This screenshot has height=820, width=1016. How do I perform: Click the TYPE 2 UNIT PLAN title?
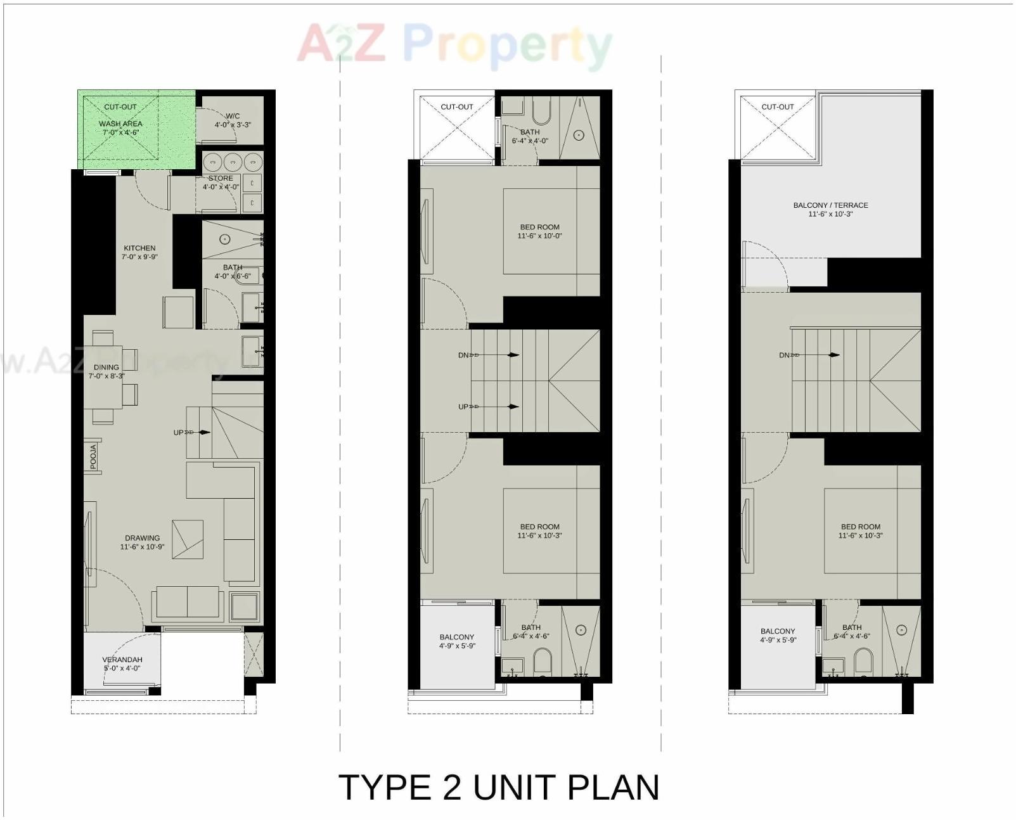[x=499, y=788]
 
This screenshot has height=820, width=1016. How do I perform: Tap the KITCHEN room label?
[x=139, y=248]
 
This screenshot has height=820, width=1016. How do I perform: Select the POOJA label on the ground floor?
[x=94, y=457]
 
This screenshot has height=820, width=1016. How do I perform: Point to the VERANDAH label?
[x=122, y=660]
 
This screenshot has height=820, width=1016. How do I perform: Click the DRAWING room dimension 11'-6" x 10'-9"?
[x=142, y=547]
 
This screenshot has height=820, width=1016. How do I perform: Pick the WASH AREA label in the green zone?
[x=120, y=124]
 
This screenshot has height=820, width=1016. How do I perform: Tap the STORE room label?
[x=221, y=178]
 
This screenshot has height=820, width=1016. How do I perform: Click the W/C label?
[x=233, y=116]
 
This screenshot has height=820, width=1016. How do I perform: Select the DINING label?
[x=106, y=367]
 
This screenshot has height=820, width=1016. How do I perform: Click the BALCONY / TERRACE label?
[x=830, y=205]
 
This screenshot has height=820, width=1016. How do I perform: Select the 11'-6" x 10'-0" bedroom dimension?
[x=539, y=236]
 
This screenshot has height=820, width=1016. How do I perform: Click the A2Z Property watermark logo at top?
[x=454, y=44]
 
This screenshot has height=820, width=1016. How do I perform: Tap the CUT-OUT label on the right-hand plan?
[x=778, y=107]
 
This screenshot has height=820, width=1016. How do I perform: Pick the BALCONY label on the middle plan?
[x=456, y=637]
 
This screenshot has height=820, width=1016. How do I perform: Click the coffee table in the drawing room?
[x=188, y=539]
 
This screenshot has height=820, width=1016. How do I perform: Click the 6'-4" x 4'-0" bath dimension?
[x=530, y=141]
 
